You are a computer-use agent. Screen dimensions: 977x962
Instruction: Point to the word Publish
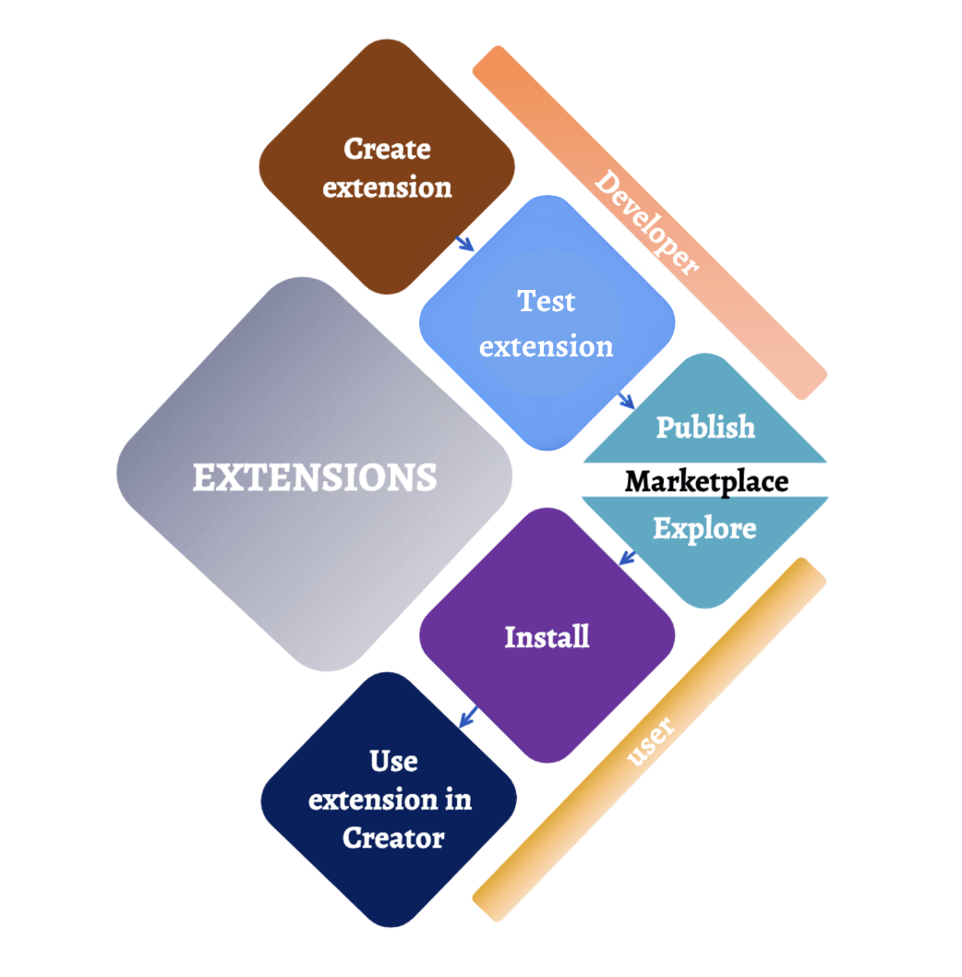(705, 427)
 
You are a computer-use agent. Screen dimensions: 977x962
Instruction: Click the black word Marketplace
(706, 481)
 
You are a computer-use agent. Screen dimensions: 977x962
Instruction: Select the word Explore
(704, 528)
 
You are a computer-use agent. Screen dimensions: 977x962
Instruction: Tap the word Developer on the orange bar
(646, 223)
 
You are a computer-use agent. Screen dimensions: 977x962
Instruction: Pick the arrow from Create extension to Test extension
(464, 243)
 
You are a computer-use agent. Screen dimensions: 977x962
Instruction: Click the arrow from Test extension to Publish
(626, 401)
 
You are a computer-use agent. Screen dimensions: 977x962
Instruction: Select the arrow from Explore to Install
(627, 558)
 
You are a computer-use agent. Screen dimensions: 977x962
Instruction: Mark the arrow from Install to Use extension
(468, 716)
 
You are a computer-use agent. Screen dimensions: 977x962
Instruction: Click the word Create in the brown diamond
(387, 149)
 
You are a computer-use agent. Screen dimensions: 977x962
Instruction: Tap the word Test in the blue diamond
(546, 301)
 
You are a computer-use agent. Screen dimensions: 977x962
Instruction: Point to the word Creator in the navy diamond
(393, 838)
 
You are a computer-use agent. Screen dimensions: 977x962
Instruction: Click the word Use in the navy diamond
(393, 761)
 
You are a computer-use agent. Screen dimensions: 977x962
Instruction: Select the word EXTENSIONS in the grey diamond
(314, 477)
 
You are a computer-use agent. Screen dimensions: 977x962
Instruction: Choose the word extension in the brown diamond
(387, 187)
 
